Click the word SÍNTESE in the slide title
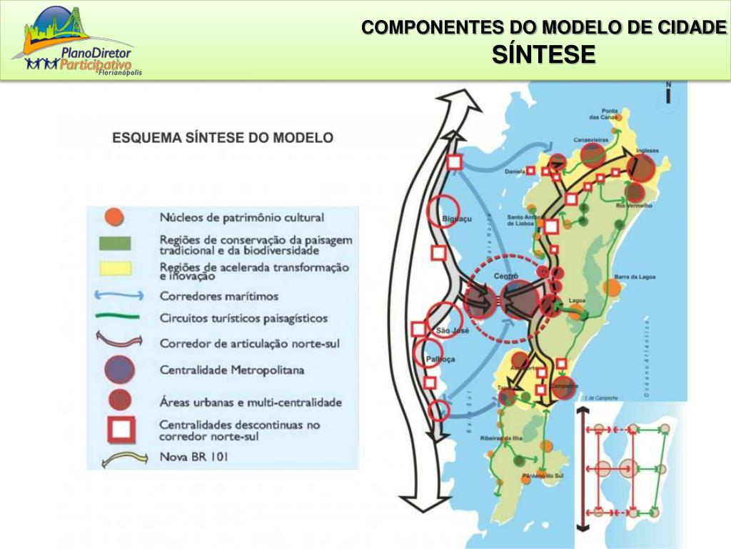click(543, 54)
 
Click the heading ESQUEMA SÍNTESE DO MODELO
click(223, 137)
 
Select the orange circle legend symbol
click(114, 217)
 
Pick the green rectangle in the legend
click(114, 243)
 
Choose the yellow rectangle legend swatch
click(114, 269)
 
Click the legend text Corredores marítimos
click(219, 295)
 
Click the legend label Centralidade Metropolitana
click(232, 370)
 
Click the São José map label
click(451, 330)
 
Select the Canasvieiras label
click(590, 140)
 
